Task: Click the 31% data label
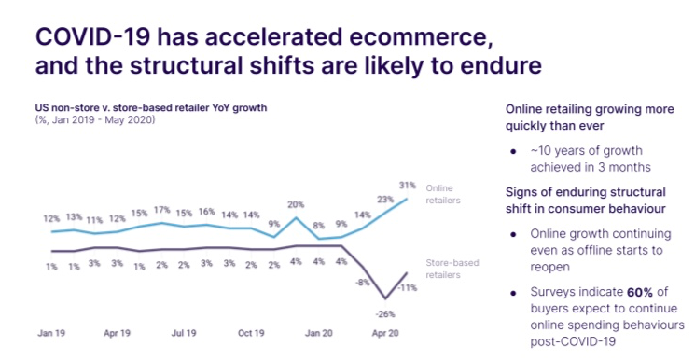[x=408, y=186]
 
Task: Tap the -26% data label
[x=384, y=314]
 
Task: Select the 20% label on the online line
[x=296, y=204]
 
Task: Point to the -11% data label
[x=408, y=288]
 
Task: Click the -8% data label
[x=363, y=282]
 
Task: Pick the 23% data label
[x=385, y=200]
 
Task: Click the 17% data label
[x=162, y=210]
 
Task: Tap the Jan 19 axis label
[x=51, y=333]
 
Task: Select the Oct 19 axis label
[x=251, y=333]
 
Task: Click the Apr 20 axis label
[x=385, y=333]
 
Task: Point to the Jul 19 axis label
[x=184, y=333]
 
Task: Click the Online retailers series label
[x=443, y=194]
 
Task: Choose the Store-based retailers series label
[x=452, y=269]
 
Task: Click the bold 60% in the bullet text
[x=640, y=292]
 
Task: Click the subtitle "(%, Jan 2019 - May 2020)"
[x=95, y=119]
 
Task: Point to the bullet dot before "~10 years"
[x=513, y=151]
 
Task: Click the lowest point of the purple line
[x=384, y=298]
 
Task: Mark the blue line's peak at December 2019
[x=296, y=217]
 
